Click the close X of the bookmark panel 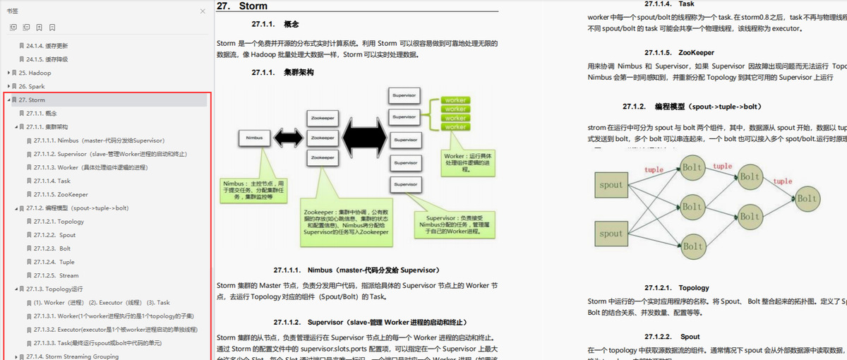[x=203, y=11]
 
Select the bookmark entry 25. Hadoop [x=35, y=73]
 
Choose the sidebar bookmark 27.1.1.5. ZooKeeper [x=61, y=194]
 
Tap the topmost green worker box [x=455, y=100]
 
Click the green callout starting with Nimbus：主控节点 [x=254, y=190]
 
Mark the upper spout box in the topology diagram [x=611, y=186]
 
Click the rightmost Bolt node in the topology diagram [x=807, y=199]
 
